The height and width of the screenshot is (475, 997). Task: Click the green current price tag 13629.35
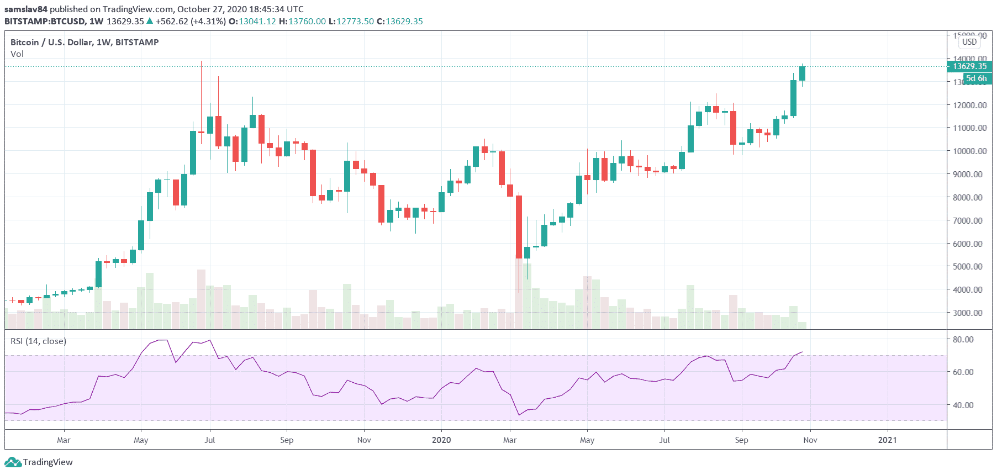pyautogui.click(x=969, y=66)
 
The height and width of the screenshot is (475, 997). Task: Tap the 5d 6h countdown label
pyautogui.click(x=976, y=78)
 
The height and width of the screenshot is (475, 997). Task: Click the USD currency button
pyautogui.click(x=969, y=42)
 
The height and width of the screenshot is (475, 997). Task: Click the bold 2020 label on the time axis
pyautogui.click(x=441, y=440)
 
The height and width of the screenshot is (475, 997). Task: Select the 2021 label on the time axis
pyautogui.click(x=887, y=440)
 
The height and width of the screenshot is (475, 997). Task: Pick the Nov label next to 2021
pyautogui.click(x=810, y=440)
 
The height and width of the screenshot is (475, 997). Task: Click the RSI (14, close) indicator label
pyautogui.click(x=38, y=341)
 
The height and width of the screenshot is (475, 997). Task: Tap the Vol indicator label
pyautogui.click(x=17, y=54)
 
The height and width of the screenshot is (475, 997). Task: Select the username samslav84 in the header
pyautogui.click(x=26, y=9)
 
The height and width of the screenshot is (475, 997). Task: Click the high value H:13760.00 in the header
pyautogui.click(x=302, y=21)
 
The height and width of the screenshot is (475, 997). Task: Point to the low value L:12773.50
pyautogui.click(x=351, y=21)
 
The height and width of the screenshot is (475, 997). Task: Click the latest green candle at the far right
pyautogui.click(x=802, y=73)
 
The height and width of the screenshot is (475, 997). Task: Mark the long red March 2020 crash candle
pyautogui.click(x=519, y=226)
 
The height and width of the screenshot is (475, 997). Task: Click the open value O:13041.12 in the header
pyautogui.click(x=252, y=21)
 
